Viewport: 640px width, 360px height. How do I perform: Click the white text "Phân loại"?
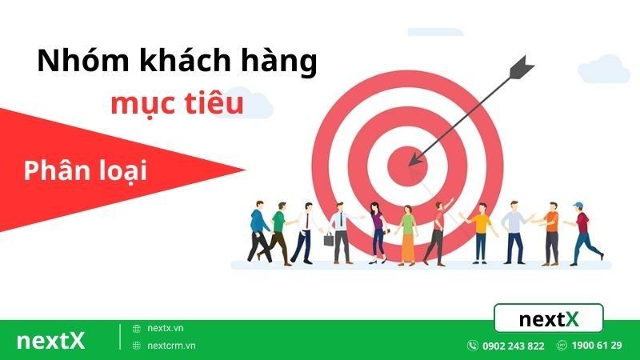[x=86, y=170]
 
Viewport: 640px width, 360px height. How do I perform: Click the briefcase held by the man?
[x=329, y=238]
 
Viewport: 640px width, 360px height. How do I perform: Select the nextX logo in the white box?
[x=548, y=319]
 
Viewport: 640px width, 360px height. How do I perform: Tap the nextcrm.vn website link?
[x=170, y=346]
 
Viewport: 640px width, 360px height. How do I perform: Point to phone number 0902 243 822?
[x=513, y=346]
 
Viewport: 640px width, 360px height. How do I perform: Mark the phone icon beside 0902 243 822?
[x=473, y=346]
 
